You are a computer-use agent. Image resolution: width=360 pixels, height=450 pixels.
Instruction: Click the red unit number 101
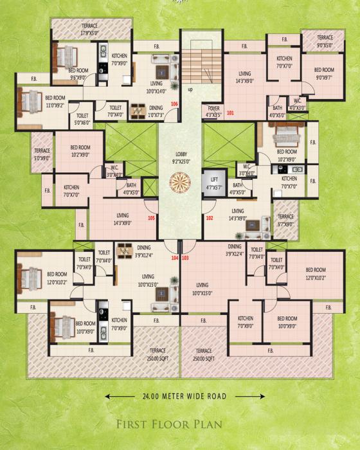(230, 114)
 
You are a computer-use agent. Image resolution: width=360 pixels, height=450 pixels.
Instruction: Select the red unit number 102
(210, 218)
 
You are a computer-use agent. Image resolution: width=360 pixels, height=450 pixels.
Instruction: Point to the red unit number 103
(185, 258)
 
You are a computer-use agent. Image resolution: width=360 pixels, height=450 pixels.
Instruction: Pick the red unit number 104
(175, 258)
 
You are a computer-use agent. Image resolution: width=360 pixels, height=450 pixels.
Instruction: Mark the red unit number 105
(152, 218)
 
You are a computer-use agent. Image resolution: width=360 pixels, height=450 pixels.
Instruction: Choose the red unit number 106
(174, 104)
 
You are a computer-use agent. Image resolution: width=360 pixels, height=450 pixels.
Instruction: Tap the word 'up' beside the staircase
(190, 90)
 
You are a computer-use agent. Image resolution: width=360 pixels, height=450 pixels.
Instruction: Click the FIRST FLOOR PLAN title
(180, 424)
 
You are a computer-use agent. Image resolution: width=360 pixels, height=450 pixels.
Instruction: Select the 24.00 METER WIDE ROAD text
(180, 397)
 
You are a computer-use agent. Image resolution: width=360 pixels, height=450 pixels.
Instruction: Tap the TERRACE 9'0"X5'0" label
(325, 42)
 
